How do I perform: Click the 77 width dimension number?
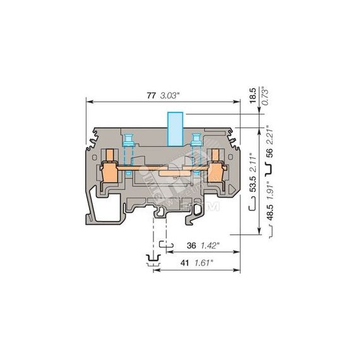coord(151,95)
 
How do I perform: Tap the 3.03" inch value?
coord(169,95)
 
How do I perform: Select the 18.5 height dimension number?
coord(253,95)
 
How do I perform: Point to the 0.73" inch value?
coord(265,96)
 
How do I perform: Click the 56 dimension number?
coord(270,153)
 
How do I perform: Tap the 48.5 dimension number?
coord(270,212)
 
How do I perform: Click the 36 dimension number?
coord(191,246)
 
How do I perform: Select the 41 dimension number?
coord(184,263)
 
